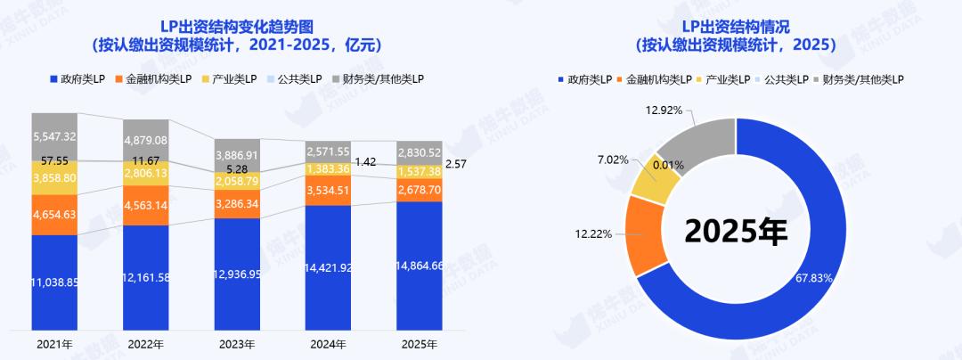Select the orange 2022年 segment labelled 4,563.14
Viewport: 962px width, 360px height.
point(147,205)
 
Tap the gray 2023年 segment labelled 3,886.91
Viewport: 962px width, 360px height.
point(238,154)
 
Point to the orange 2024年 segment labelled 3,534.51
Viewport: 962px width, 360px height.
point(329,190)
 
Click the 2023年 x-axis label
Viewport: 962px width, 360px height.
point(238,344)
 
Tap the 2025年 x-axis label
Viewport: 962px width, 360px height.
point(420,344)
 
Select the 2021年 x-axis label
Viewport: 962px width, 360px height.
point(55,344)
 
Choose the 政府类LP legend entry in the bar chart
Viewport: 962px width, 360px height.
point(81,80)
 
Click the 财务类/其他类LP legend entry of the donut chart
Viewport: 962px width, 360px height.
point(863,80)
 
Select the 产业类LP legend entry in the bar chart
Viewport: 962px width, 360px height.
point(230,80)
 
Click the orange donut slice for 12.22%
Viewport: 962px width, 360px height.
point(645,235)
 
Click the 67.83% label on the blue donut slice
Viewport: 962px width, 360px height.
point(814,278)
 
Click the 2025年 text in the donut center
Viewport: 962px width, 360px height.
point(736,231)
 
